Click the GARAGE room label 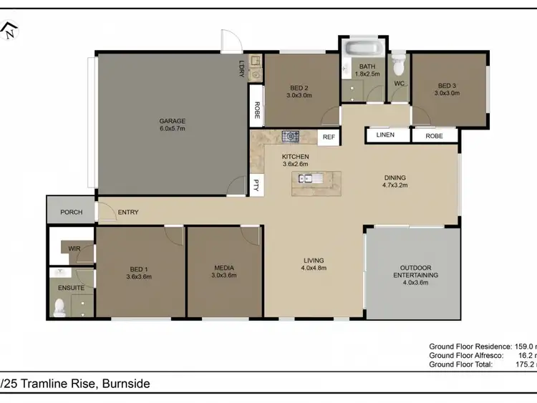(x=173, y=121)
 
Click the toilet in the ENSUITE (x=59, y=308)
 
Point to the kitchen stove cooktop (x=290, y=135)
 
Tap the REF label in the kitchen (x=329, y=136)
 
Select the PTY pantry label (x=256, y=185)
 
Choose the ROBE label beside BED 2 (x=256, y=111)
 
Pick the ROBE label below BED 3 (x=434, y=135)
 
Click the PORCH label (x=71, y=212)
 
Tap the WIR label (x=74, y=248)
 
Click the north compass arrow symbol (x=9, y=30)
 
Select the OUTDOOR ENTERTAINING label (x=413, y=271)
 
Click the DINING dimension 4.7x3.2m (x=395, y=186)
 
